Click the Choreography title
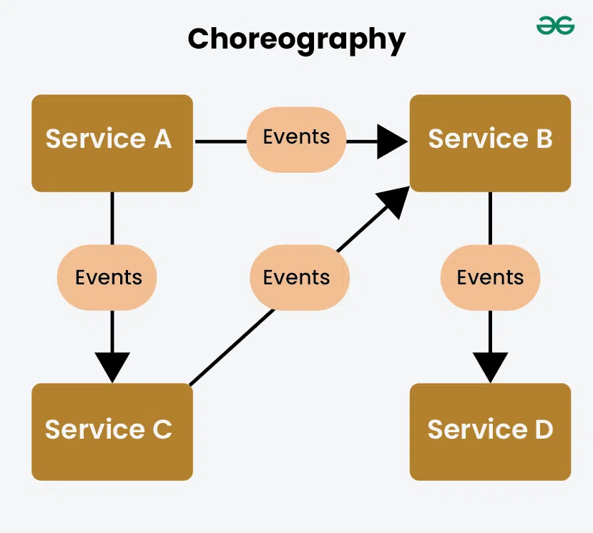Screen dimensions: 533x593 296,39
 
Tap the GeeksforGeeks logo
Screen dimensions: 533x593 555,26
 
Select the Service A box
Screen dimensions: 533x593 112,143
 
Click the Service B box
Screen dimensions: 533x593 490,143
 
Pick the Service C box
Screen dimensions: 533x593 112,432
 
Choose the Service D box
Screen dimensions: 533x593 490,432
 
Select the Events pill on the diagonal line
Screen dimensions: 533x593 299,278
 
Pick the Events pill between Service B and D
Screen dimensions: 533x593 490,278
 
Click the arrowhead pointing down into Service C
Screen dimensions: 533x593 112,367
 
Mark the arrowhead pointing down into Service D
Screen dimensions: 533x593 490,367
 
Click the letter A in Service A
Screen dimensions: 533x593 162,139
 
